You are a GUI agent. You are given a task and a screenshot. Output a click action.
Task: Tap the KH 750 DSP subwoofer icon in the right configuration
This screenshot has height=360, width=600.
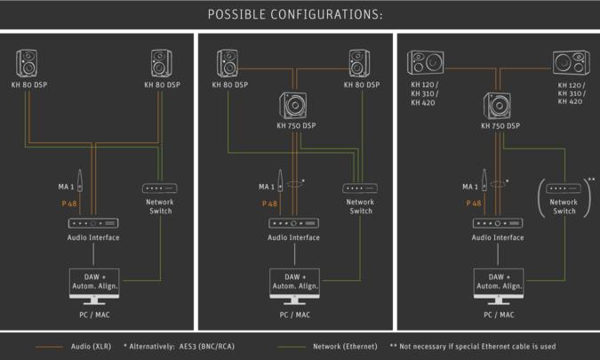pos(498,107)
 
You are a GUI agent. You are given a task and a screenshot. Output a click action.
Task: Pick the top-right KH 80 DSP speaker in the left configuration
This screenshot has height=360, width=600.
pos(162,63)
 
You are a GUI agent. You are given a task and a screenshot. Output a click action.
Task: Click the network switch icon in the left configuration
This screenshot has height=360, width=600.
pos(160,188)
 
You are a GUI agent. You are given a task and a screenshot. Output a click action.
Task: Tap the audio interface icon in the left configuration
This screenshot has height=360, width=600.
pos(93,222)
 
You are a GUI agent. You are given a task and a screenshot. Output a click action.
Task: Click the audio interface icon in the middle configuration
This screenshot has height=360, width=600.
pos(294,222)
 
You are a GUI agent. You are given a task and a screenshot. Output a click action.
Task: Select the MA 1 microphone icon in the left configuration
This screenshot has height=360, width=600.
pos(80,181)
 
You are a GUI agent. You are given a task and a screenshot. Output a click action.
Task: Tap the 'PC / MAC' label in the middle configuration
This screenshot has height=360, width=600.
pos(294,315)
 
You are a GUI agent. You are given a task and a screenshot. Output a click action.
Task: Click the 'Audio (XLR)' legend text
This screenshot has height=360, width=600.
pos(92,346)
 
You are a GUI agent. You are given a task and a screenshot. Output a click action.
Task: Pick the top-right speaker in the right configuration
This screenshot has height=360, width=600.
pos(570,63)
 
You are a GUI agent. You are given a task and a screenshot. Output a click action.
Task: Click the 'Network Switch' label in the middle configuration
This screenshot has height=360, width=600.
pos(361,206)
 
